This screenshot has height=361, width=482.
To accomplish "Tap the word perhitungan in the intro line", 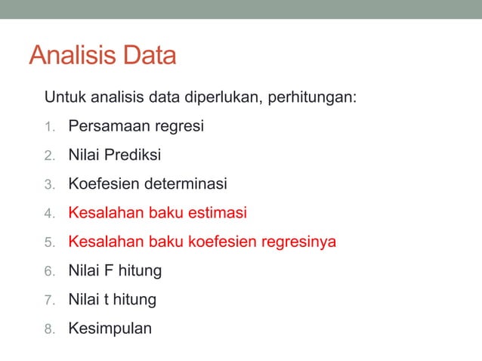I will tap(311, 98).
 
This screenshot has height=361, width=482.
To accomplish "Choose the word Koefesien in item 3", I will tap(104, 184).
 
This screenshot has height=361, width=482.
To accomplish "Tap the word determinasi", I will tap(186, 184).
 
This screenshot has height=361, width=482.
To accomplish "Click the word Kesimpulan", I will tap(110, 329).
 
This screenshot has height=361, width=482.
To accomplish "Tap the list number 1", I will tap(49, 127).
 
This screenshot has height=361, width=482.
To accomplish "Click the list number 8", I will tap(49, 329).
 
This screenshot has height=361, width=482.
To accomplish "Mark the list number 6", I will tap(49, 271).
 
